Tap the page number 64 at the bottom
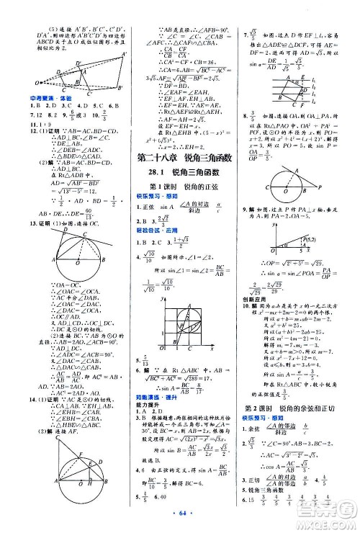179,519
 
